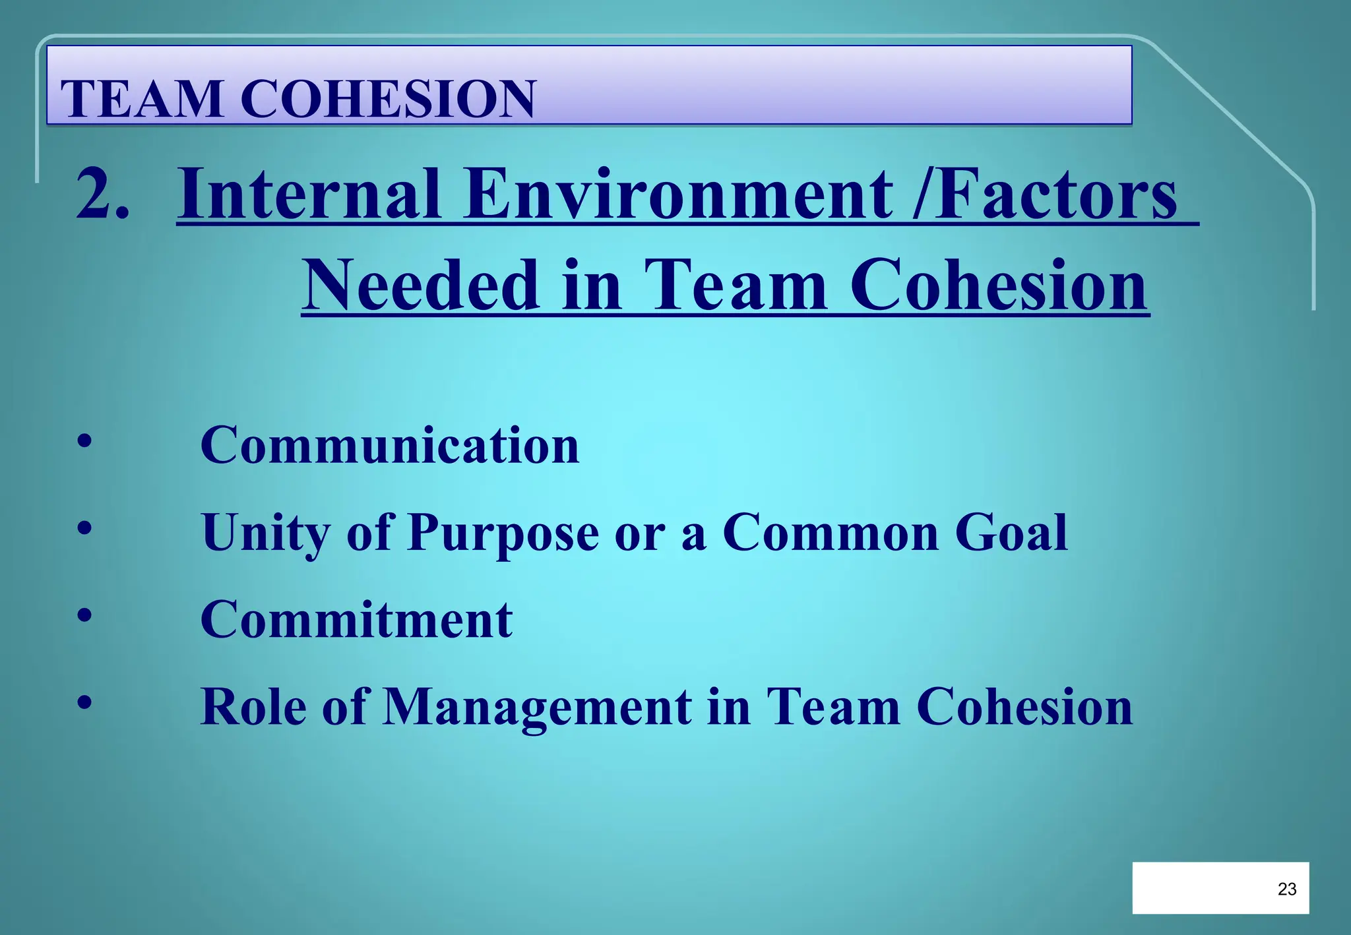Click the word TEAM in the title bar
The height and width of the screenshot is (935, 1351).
[x=141, y=99]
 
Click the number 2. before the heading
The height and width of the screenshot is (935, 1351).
[x=102, y=194]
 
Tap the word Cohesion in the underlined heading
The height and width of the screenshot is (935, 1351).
[x=999, y=285]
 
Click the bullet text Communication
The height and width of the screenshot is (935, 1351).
[x=390, y=445]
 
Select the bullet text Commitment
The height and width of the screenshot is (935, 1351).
[x=356, y=620]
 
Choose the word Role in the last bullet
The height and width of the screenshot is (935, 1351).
[x=253, y=707]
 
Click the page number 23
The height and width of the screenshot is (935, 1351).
[x=1287, y=889]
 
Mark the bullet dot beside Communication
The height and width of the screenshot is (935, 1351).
[x=84, y=441]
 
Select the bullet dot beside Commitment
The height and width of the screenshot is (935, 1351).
[x=84, y=615]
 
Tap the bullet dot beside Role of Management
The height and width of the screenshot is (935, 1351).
[x=84, y=702]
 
